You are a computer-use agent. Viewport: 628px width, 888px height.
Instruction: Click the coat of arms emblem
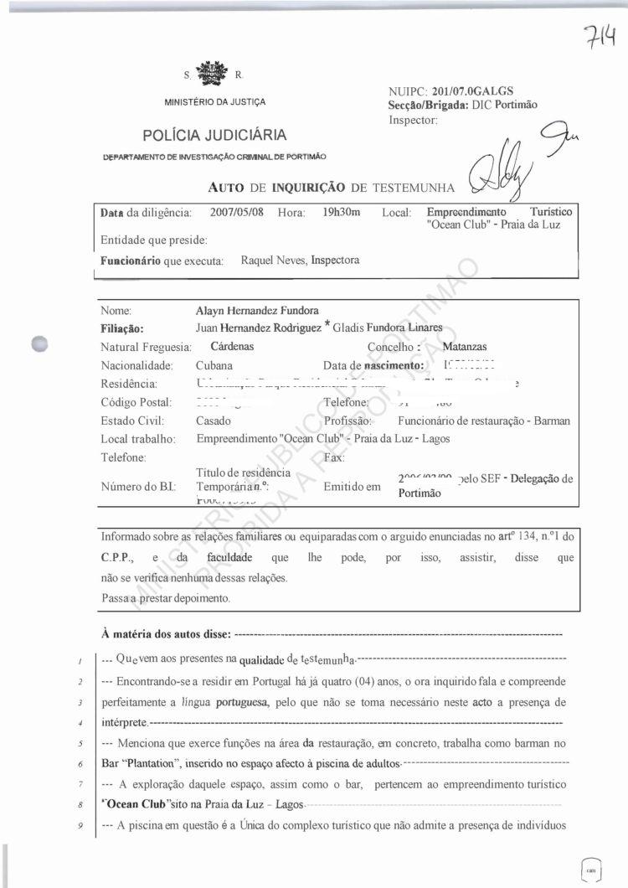pos(210,74)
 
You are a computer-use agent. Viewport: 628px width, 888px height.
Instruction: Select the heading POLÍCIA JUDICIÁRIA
pos(214,135)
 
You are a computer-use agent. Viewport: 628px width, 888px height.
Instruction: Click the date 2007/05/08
pos(237,212)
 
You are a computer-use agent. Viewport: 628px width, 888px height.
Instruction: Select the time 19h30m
pos(341,212)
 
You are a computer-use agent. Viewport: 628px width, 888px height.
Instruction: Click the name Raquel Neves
pos(272,261)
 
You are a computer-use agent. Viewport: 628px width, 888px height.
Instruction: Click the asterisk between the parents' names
pos(327,326)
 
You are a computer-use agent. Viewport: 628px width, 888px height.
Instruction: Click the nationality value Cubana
pos(214,365)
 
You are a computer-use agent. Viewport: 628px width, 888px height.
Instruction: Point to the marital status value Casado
pos(214,421)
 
